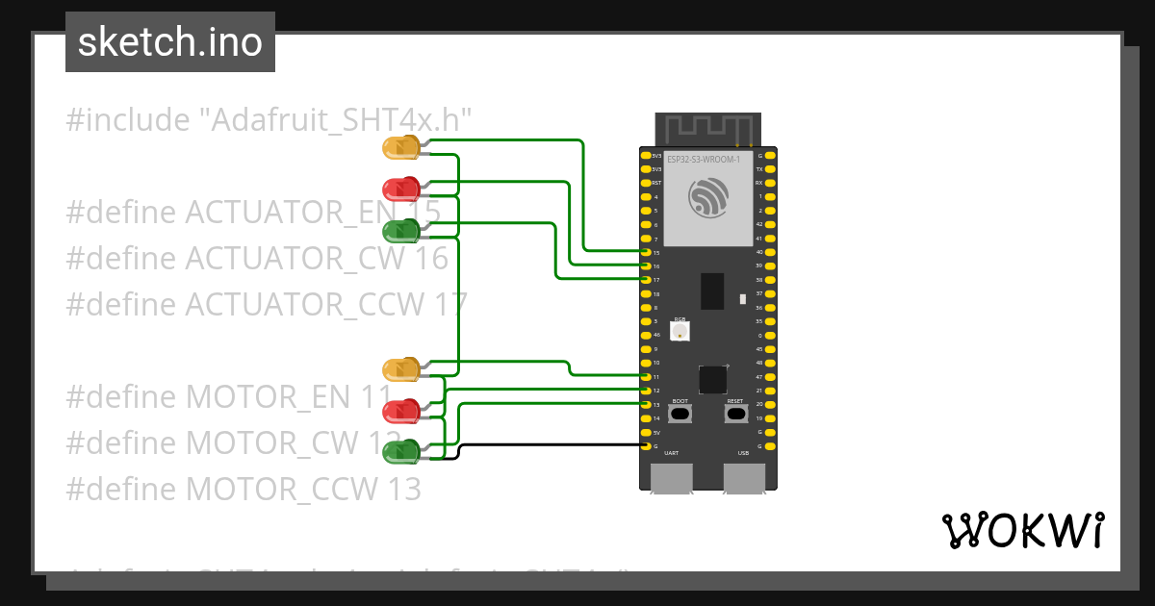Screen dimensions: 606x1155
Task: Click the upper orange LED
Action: [x=399, y=147]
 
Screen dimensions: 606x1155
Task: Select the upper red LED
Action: [x=399, y=188]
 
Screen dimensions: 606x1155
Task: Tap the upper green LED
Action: [x=399, y=231]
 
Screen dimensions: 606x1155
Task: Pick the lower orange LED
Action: [x=399, y=369]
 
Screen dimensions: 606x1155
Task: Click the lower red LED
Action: [x=399, y=412]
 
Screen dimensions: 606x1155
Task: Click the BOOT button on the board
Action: [x=680, y=414]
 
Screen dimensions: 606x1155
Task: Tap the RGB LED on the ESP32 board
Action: [x=680, y=331]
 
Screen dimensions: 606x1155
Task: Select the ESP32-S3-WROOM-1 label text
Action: [x=704, y=159]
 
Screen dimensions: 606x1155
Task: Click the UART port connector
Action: [x=672, y=477]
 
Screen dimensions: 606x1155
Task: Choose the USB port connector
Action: [x=744, y=477]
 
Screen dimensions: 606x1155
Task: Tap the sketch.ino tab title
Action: [x=170, y=42]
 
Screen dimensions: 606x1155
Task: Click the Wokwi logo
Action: [x=1022, y=530]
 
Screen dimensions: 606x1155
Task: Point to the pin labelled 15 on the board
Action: [x=646, y=252]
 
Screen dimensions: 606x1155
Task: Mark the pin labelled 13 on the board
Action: [x=646, y=405]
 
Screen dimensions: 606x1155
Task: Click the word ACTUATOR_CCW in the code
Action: [x=303, y=304]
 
